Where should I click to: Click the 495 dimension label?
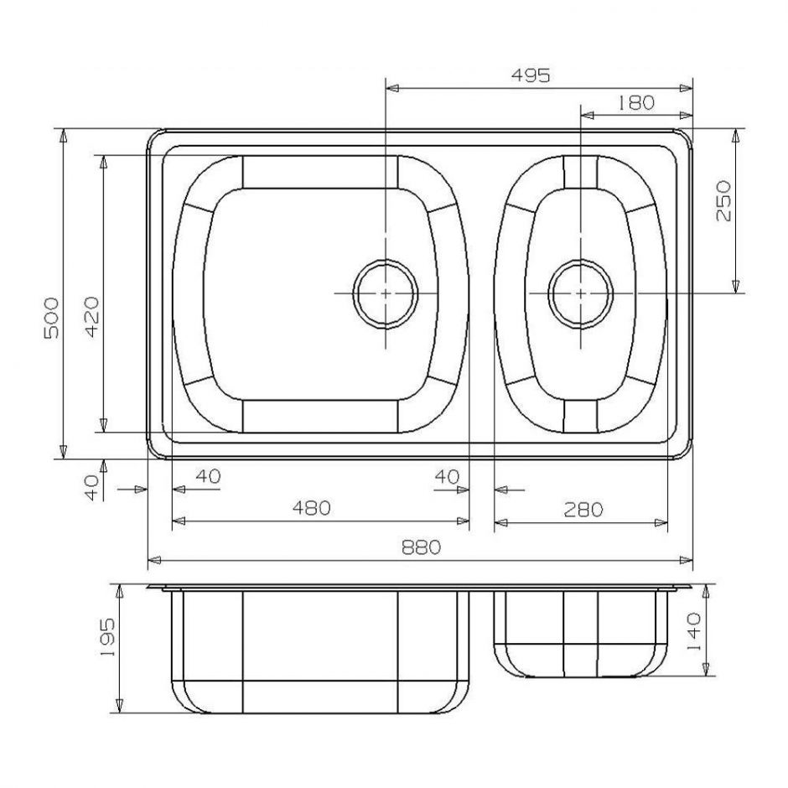tap(531, 75)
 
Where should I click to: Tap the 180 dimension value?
tap(635, 102)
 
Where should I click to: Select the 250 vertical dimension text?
tap(723, 201)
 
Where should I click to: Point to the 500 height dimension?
tap(51, 318)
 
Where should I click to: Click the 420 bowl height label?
tap(92, 317)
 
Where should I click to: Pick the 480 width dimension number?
tap(312, 507)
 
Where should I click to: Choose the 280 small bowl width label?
tap(583, 510)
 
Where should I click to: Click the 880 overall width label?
tap(421, 547)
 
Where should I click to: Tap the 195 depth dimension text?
tap(107, 637)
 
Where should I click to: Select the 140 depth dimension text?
tap(693, 632)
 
